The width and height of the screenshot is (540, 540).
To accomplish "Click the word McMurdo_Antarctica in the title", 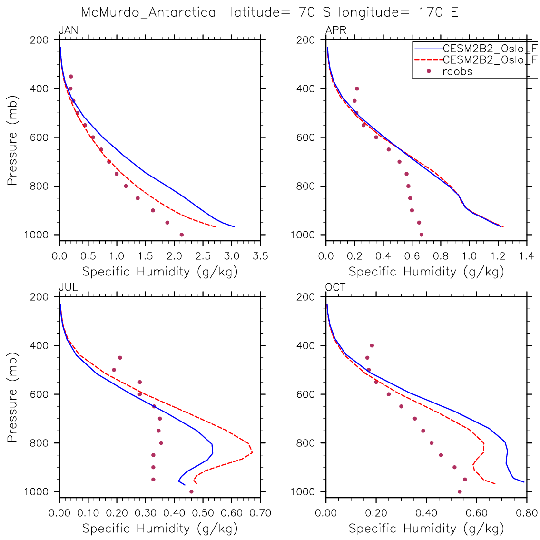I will point(148,12).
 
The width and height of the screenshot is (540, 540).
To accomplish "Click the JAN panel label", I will point(68,31).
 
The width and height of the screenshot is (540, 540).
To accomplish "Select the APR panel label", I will point(335,31).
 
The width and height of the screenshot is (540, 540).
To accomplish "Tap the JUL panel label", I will point(68,287).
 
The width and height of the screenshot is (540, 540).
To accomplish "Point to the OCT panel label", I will point(335,287).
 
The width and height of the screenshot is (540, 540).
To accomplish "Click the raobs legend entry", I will point(457,72).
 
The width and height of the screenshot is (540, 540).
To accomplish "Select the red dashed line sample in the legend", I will point(427,60).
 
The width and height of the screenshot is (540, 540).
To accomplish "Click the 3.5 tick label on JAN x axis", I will point(260,256).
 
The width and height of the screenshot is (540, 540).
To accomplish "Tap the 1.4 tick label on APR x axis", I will point(526,256).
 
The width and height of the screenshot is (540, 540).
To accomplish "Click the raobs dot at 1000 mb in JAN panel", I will point(181,235).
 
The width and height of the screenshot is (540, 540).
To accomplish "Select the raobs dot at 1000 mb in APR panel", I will point(421,235).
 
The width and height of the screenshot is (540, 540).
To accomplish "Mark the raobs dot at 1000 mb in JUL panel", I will point(191,491).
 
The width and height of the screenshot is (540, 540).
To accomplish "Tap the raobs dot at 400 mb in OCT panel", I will point(372,345).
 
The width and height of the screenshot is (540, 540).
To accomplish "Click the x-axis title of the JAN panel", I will point(160,272).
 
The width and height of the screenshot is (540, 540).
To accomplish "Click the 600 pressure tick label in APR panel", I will point(310,137).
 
